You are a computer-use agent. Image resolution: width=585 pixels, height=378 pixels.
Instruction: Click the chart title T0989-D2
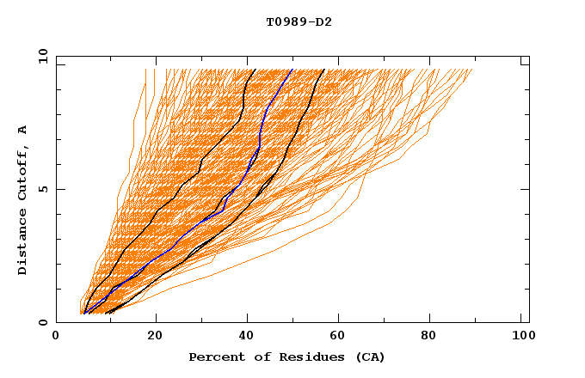[x=299, y=22]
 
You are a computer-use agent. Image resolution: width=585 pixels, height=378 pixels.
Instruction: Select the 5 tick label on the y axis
[x=41, y=189]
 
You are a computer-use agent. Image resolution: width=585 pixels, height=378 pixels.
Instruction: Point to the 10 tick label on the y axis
[x=41, y=56]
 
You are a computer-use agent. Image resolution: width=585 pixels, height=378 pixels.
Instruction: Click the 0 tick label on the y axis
[x=41, y=322]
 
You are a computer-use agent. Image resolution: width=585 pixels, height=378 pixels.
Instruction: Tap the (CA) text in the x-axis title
[x=368, y=357]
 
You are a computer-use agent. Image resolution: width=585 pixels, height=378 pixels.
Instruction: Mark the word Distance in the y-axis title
[x=22, y=244]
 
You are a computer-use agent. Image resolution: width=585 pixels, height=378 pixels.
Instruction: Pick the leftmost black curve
[x=200, y=163]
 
